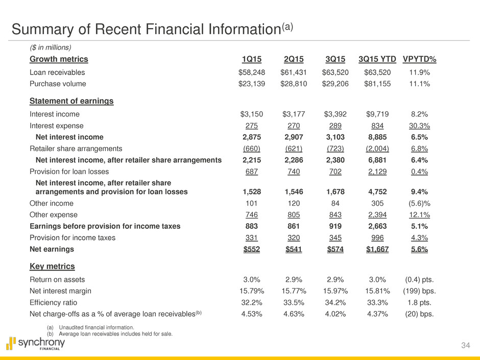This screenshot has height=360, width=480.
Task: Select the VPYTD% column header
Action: pos(423,59)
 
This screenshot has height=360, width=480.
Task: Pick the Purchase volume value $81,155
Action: pos(377,84)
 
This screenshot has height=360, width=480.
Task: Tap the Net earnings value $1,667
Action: pos(377,250)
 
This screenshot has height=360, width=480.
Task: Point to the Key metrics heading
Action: pos(53,267)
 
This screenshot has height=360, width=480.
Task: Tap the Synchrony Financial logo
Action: pos(35,343)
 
